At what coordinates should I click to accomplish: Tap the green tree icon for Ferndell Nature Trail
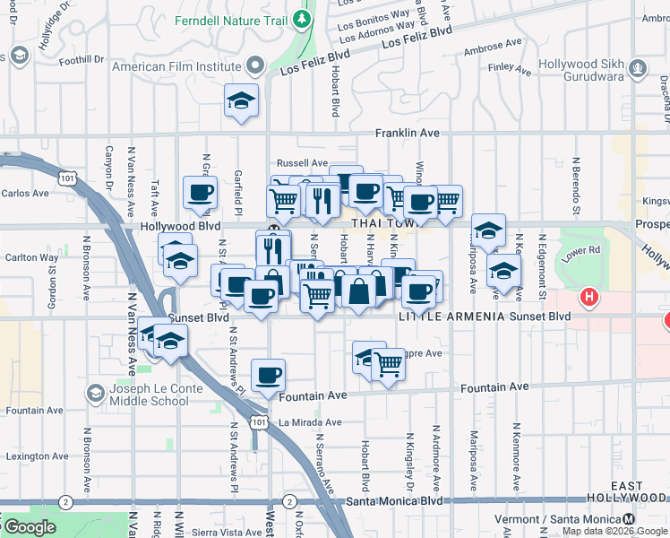click(304, 18)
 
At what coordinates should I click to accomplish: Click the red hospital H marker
click(588, 296)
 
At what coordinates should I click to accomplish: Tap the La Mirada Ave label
click(310, 422)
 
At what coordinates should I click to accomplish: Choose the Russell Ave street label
click(302, 163)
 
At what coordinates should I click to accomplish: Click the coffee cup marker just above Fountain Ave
click(268, 376)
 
